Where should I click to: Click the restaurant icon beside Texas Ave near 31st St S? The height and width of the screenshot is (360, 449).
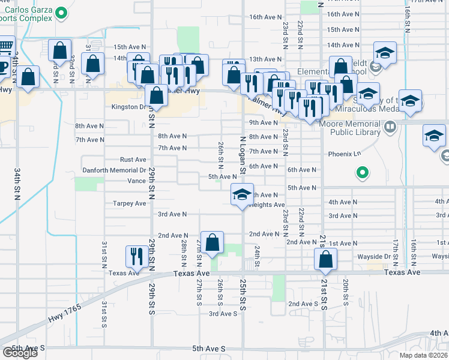click(x=134, y=256)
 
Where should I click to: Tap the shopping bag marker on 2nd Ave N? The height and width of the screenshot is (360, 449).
click(x=212, y=242)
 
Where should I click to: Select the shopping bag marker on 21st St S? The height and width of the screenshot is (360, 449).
click(x=325, y=259)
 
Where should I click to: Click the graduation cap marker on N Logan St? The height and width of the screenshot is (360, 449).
click(x=241, y=194)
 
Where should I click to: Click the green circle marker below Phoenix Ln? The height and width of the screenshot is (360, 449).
click(x=362, y=173)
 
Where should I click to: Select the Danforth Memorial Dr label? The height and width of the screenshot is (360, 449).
click(x=114, y=170)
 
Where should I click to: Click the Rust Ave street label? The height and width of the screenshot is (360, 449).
click(x=133, y=160)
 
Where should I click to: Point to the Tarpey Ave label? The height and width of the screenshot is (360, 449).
click(x=130, y=203)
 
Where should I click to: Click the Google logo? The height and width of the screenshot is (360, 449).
click(x=20, y=353)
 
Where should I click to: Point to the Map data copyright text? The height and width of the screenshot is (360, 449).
click(x=423, y=355)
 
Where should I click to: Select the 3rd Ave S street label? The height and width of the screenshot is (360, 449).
click(x=223, y=314)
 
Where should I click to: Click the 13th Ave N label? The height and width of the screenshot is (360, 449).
click(x=265, y=59)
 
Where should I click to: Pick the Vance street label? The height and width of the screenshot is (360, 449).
click(x=137, y=181)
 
